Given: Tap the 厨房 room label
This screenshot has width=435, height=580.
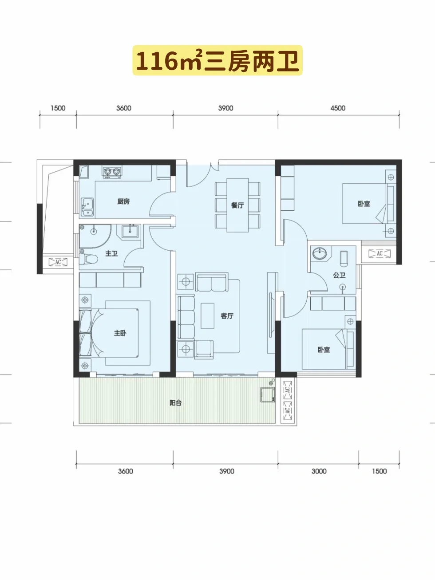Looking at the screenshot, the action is point(123,201).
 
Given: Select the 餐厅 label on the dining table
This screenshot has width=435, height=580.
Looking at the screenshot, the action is point(237,205).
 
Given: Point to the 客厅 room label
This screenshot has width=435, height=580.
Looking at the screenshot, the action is point(227,316).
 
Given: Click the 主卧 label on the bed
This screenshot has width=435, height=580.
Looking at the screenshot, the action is point(120,333).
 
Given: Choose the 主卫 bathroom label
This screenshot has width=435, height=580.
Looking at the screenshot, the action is point(111,254).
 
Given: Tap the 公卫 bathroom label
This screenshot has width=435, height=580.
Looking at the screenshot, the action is point(339,275).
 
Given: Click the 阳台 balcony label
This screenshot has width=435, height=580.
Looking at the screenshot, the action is point(175,403).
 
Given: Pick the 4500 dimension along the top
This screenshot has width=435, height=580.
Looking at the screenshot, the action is point(338,108).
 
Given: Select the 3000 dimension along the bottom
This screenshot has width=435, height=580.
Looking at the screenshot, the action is point(319,471).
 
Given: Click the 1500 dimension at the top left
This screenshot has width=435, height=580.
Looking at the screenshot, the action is point(58,108).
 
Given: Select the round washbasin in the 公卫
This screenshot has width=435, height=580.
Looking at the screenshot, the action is point(320,253).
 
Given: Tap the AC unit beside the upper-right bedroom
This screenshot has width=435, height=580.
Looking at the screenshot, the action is point(380,254).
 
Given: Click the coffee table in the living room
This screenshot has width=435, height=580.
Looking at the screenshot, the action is point(207,316).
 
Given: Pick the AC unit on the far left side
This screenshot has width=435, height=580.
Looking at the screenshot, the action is point(58,262).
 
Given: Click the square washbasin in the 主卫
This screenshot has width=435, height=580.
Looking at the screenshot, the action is point(130,232).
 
